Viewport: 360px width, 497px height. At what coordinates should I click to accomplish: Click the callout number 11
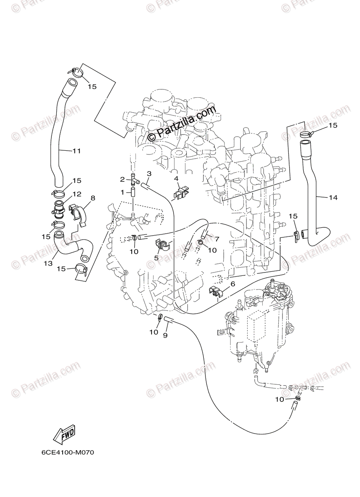[76, 151]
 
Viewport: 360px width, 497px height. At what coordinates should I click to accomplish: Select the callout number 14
[333, 198]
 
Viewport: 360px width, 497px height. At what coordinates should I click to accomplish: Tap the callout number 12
[76, 194]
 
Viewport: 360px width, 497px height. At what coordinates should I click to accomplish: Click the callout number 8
[93, 198]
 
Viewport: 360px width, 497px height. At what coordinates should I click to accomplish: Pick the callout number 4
[176, 179]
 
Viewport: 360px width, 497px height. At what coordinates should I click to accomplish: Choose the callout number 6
[232, 284]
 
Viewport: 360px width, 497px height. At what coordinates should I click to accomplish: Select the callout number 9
[165, 335]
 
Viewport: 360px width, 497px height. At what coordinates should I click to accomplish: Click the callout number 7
[217, 239]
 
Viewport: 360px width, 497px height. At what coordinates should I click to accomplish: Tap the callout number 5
[156, 258]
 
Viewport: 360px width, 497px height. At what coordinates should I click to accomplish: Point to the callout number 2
[122, 179]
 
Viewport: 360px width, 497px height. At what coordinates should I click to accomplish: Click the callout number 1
[123, 192]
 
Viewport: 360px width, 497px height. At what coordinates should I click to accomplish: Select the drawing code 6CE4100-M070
[68, 452]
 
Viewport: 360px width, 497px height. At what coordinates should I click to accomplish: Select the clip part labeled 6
[216, 292]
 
